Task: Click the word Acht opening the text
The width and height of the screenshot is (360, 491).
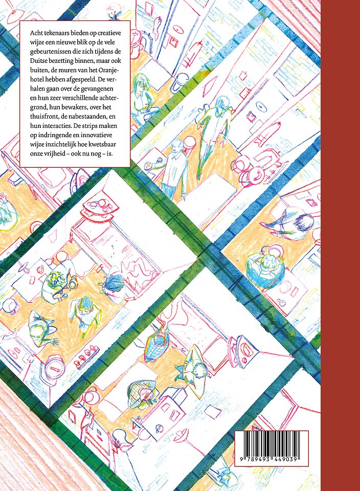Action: coord(35,33)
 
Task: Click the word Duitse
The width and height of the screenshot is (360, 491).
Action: coord(37,61)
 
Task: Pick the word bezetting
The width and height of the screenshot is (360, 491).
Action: coord(58,61)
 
